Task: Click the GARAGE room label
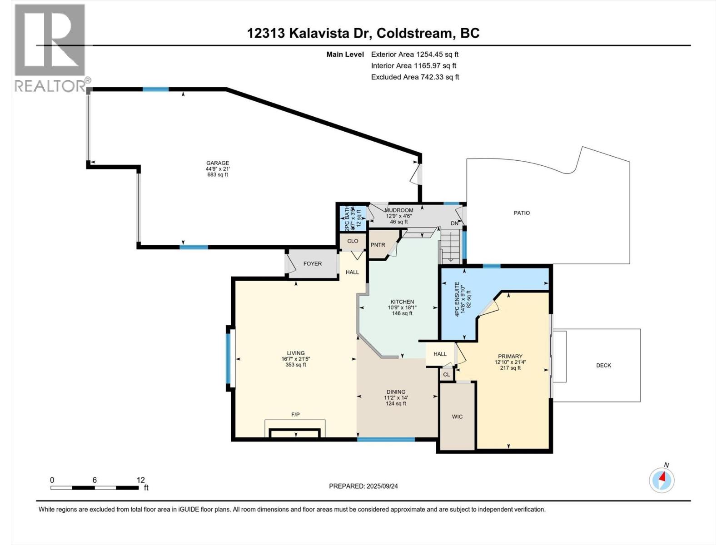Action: click(217, 163)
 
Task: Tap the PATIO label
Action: click(522, 213)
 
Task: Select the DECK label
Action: click(603, 365)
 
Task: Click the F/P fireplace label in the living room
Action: click(295, 415)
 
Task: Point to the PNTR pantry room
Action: click(378, 245)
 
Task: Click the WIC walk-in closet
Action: click(457, 416)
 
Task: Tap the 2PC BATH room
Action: click(353, 218)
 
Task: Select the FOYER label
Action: click(313, 263)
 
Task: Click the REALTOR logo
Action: click(50, 48)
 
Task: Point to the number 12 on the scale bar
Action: click(140, 480)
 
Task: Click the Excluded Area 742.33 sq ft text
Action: click(415, 77)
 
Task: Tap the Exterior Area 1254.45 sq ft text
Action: click(414, 54)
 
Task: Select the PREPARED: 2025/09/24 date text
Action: click(363, 486)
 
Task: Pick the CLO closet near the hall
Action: click(353, 241)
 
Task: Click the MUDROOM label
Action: click(398, 210)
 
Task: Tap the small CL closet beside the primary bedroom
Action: click(446, 374)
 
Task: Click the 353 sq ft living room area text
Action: click(295, 365)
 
